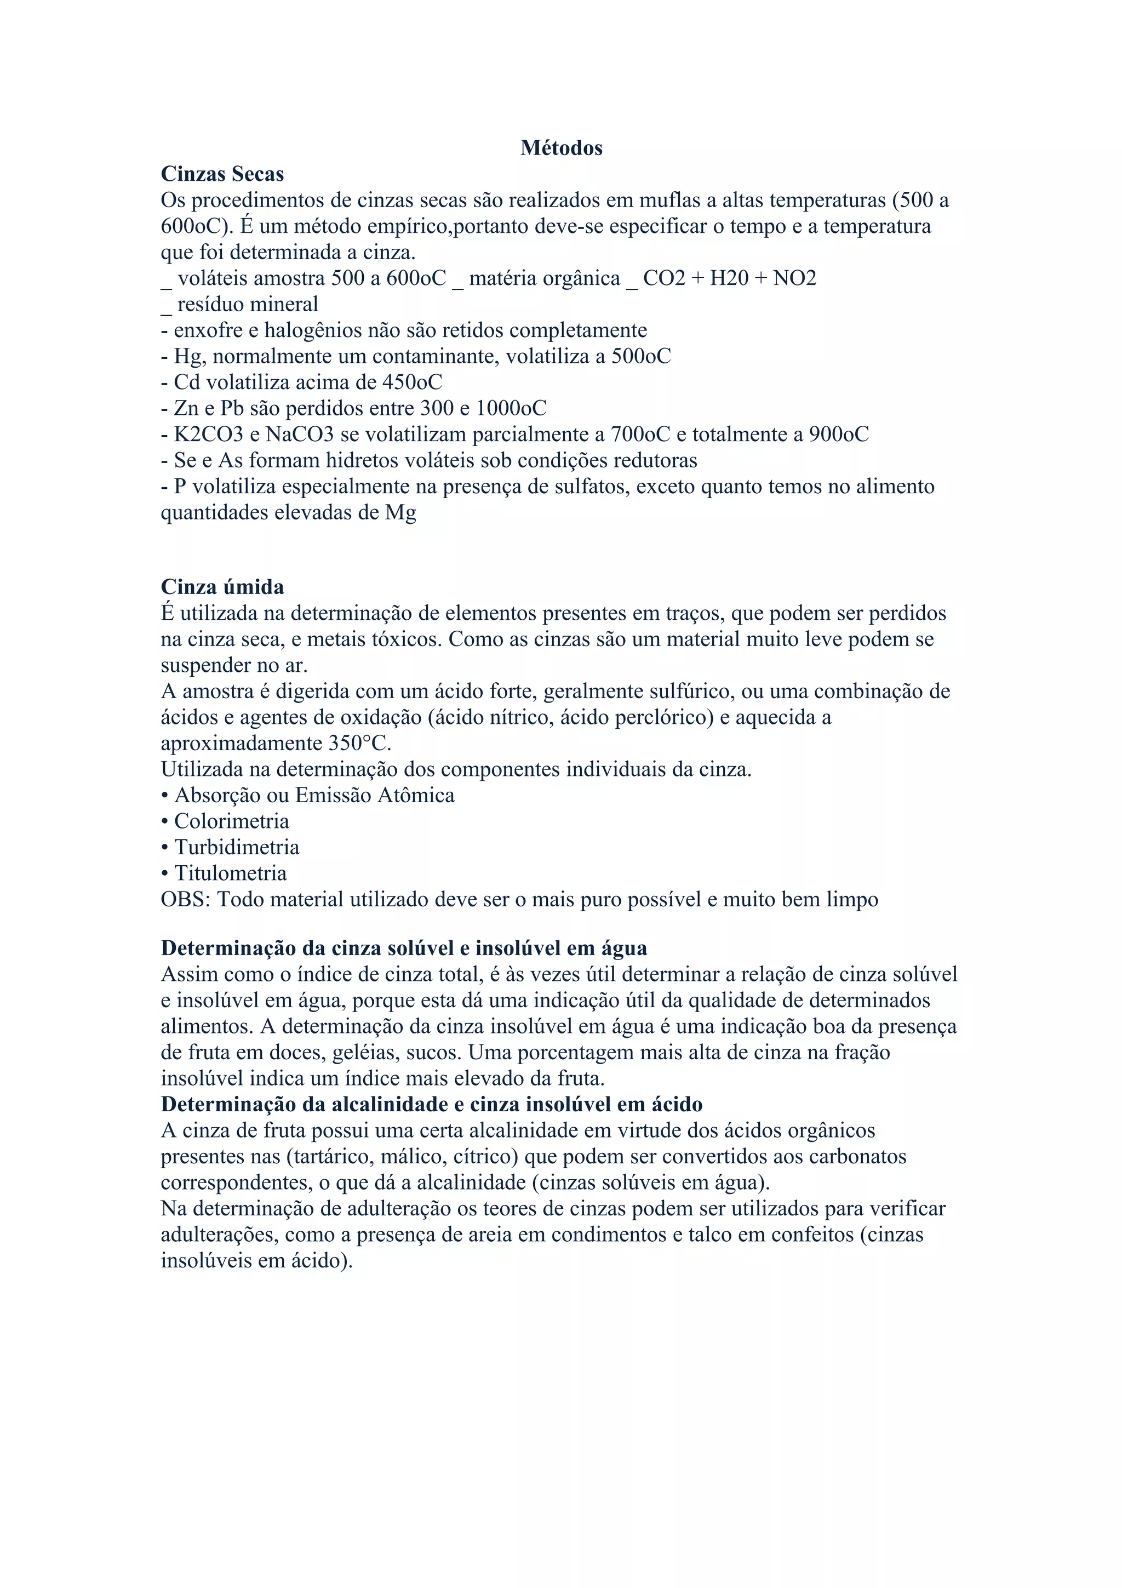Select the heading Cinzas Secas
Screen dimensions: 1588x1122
point(222,174)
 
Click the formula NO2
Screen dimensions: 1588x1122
point(794,278)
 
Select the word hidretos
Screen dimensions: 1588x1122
point(380,461)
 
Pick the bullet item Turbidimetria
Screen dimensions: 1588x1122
point(237,847)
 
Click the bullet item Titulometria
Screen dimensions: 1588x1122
point(230,873)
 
